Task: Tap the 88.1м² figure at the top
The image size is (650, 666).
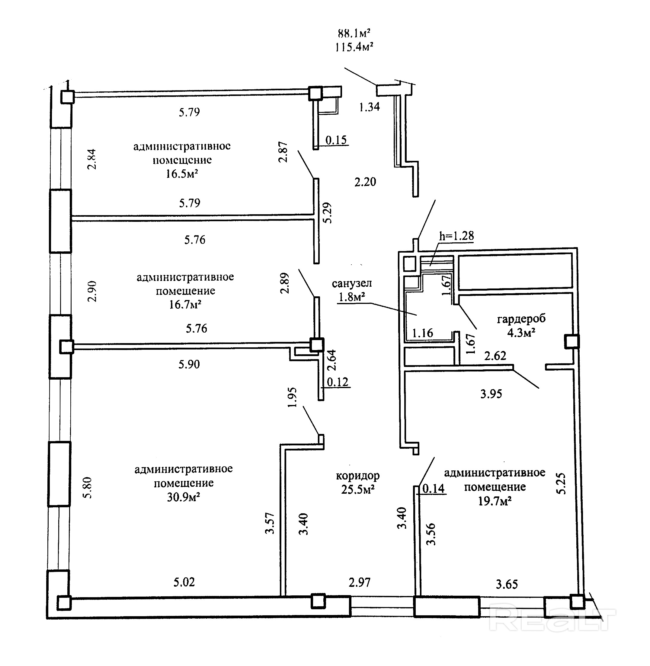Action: pos(354,33)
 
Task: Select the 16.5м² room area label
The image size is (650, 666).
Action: pos(182,174)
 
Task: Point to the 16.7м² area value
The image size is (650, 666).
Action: pos(185,304)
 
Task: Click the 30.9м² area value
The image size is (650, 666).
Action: pos(183,497)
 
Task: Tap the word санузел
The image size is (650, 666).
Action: pos(352,283)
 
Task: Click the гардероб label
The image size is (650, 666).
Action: pos(521,319)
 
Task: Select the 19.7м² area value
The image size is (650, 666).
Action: pos(495,501)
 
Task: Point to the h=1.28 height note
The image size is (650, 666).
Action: pos(456,236)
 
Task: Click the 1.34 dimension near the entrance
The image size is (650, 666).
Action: pos(370,107)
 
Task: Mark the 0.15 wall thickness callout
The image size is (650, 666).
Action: pos(336,140)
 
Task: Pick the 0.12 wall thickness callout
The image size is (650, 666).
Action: pos(338,382)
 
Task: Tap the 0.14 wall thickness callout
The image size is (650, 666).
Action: pos(434,489)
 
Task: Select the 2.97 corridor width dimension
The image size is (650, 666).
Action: pos(360,582)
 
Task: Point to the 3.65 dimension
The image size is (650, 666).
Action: pos(507,585)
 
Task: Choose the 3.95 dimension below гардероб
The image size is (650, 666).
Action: pos(491,394)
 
